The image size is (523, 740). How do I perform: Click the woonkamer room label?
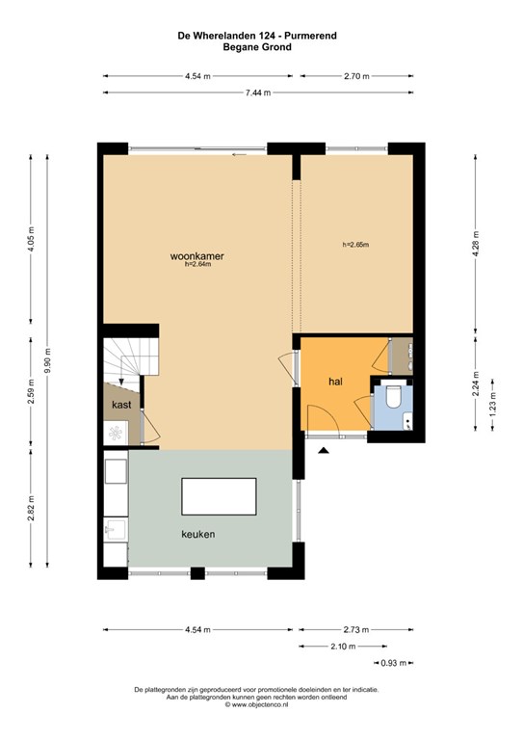[x=197, y=256]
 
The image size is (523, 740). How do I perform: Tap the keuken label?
[x=198, y=534]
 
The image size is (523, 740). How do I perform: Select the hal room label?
[x=335, y=382]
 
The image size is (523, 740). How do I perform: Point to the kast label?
[x=121, y=405]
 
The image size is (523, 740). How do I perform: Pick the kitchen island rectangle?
[x=220, y=496]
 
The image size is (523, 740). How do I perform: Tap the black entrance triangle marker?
[x=323, y=451]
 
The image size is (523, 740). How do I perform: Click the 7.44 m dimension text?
[x=257, y=92]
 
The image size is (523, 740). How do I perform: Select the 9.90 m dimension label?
[x=47, y=360]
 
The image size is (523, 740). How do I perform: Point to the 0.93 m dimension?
[x=393, y=663]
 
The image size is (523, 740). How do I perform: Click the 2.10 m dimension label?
[x=343, y=647]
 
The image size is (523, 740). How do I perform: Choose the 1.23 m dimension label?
[x=492, y=405]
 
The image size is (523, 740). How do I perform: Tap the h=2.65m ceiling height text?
[x=355, y=245]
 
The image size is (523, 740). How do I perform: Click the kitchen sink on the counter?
[x=115, y=530]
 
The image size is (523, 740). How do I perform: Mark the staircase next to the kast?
[x=130, y=359]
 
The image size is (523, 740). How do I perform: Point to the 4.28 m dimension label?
[x=476, y=244]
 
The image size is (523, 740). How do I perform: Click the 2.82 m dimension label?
[x=31, y=509]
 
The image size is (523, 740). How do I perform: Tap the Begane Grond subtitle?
[x=257, y=46]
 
